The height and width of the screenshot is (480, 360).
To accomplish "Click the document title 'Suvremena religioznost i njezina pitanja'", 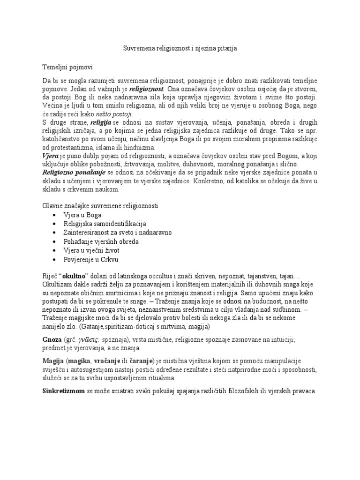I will (180, 49).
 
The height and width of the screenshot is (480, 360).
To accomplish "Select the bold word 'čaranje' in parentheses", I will (139, 360).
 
